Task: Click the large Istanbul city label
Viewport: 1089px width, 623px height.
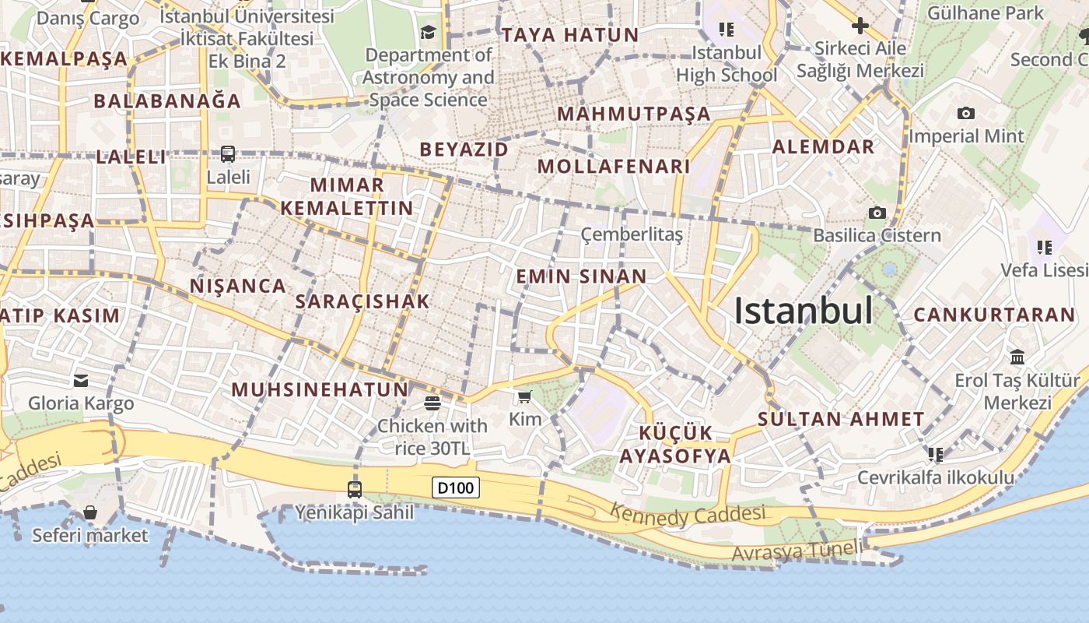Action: pos(804,311)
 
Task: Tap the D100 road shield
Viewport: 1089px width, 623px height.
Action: pos(456,488)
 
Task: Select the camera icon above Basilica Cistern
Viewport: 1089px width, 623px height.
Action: pos(877,213)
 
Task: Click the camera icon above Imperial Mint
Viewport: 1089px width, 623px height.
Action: pos(965,113)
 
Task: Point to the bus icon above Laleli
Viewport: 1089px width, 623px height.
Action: pos(227,154)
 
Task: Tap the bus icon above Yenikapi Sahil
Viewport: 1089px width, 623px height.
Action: pos(355,489)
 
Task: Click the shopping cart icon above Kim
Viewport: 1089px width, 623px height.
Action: pos(525,397)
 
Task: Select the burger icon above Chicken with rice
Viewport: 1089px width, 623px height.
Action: pos(432,403)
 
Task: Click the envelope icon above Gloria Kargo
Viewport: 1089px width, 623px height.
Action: pos(81,381)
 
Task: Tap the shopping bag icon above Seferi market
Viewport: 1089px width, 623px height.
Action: pos(90,512)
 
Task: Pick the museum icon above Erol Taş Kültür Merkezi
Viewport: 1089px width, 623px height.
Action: pos(1017,357)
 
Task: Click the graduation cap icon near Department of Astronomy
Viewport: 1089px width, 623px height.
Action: pos(428,32)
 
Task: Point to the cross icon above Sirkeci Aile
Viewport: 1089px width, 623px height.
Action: pos(860,26)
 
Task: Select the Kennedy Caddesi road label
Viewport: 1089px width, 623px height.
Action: pos(688,514)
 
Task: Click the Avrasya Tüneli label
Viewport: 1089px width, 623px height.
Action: pos(797,551)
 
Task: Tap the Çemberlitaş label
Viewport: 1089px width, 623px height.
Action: pos(632,234)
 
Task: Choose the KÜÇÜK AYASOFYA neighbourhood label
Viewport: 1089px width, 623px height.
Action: pos(675,444)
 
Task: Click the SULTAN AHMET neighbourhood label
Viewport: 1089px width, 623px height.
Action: pos(841,419)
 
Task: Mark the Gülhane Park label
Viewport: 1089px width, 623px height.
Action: pos(986,13)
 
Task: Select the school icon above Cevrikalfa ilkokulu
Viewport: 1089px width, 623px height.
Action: pos(935,454)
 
